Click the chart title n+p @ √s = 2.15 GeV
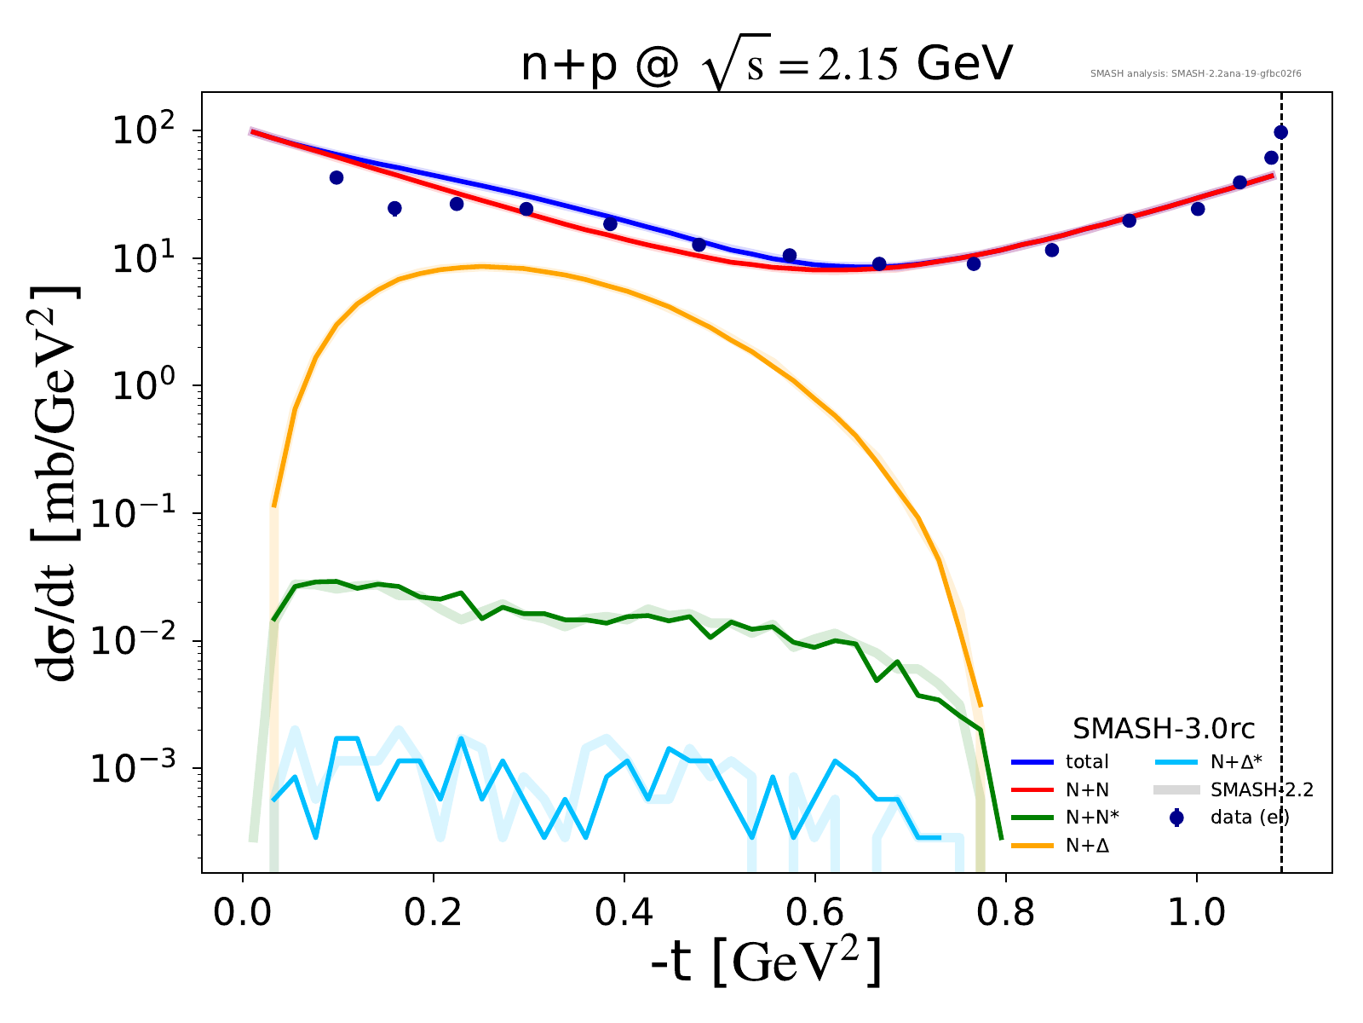(x=766, y=66)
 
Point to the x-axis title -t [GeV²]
(x=766, y=962)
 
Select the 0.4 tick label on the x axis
(x=624, y=912)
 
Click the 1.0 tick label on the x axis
(x=1196, y=912)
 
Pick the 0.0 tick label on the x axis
(x=243, y=912)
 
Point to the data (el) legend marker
(x=1177, y=818)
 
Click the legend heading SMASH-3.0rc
(x=1164, y=729)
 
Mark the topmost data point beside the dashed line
(x=1280, y=132)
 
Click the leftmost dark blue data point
(x=336, y=177)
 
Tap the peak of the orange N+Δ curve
(x=481, y=266)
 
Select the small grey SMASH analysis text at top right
(x=1195, y=74)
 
